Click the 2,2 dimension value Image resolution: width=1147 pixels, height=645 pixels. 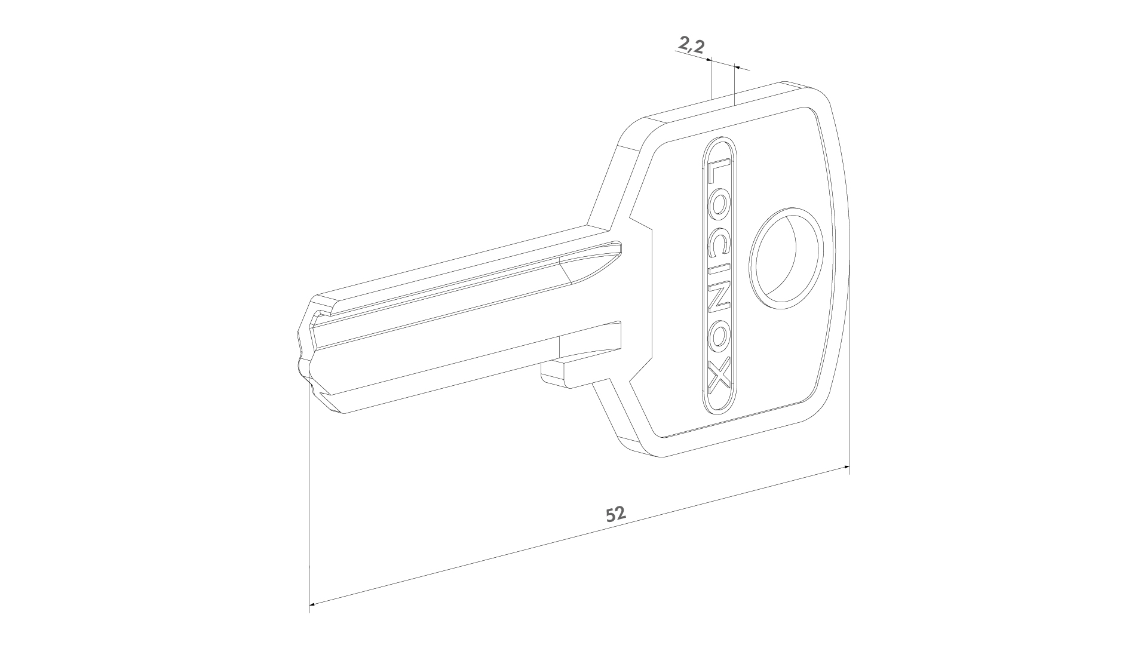[691, 45]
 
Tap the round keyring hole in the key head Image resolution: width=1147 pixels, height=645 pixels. [789, 258]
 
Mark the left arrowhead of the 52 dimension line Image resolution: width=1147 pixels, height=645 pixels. [313, 603]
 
